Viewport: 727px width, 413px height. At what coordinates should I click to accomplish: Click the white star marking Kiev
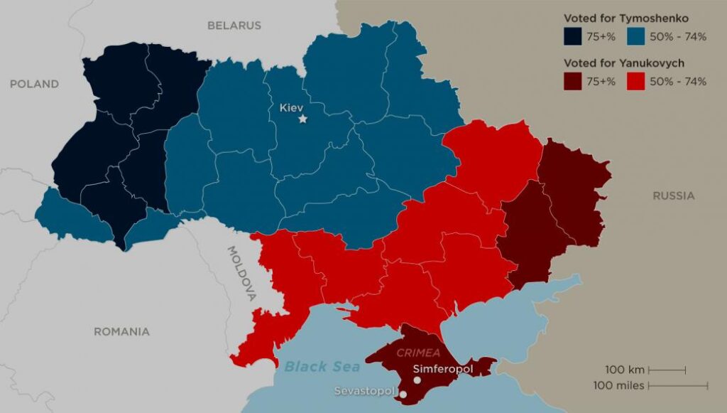(303, 119)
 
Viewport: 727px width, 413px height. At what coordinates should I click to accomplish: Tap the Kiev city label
(291, 107)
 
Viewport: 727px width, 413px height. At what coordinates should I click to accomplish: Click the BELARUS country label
(234, 26)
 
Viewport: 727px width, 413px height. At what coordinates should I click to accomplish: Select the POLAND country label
(34, 84)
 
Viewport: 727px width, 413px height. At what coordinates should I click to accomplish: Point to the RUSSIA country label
(674, 195)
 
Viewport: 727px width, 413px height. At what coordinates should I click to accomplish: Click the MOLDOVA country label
(241, 274)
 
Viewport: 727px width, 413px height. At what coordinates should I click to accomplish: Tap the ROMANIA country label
(121, 331)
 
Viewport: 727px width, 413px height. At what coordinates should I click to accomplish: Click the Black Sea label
(322, 367)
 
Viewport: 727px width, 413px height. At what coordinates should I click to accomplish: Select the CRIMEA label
(418, 353)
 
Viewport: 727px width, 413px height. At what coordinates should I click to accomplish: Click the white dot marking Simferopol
(417, 380)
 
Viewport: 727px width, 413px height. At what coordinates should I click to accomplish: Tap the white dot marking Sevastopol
(403, 394)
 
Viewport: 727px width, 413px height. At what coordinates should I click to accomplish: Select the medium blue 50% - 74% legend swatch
(636, 37)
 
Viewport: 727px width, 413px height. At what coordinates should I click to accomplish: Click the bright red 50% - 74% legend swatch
(636, 82)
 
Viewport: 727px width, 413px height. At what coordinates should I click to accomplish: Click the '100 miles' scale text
(619, 385)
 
